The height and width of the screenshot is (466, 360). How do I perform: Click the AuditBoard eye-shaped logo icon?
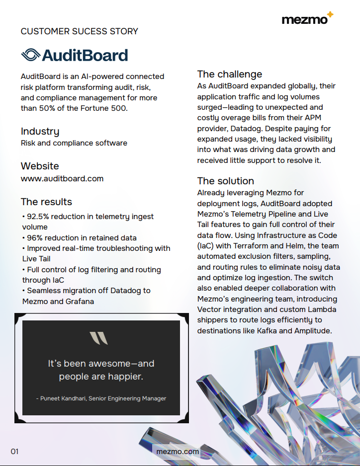pyautogui.click(x=30, y=55)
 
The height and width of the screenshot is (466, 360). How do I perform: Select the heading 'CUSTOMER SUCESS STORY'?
pyautogui.click(x=80, y=31)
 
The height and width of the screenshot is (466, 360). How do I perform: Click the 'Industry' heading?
pyautogui.click(x=40, y=131)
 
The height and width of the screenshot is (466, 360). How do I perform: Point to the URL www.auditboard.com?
pyautogui.click(x=62, y=178)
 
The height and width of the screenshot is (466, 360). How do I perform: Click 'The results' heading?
pyautogui.click(x=46, y=202)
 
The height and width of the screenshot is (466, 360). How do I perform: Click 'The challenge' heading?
pyautogui.click(x=229, y=74)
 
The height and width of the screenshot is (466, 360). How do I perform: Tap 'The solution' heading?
pyautogui.click(x=225, y=181)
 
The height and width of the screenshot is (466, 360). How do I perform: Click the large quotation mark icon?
pyautogui.click(x=98, y=338)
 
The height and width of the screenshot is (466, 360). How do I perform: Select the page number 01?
pyautogui.click(x=14, y=452)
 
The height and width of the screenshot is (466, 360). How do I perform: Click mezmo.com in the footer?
pyautogui.click(x=178, y=452)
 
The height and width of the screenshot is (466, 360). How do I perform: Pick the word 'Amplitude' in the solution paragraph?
pyautogui.click(x=313, y=331)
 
